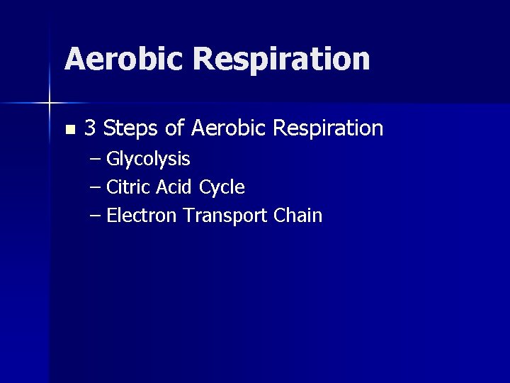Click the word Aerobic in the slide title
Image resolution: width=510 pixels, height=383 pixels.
point(124,59)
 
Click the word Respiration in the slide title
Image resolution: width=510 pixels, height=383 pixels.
point(281,59)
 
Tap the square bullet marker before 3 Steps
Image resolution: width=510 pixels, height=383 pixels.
point(69,130)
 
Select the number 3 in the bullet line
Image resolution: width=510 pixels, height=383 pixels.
point(90,128)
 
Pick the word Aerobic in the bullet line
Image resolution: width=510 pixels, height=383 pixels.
point(229,128)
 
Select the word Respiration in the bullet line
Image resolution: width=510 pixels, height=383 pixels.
point(328,129)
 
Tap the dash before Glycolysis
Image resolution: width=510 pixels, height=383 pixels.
point(96,159)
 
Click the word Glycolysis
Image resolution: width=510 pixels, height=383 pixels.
point(148,160)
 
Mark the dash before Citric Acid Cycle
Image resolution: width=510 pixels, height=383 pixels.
point(96,187)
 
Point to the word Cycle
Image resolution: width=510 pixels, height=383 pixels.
point(222,188)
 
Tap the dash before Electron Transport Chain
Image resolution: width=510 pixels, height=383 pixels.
point(96,216)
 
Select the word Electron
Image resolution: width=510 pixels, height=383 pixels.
point(142,216)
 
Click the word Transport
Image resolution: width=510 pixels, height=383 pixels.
point(225,216)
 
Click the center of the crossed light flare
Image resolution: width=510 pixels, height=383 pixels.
point(50,104)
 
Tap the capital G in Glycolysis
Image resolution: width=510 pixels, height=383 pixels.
point(112,159)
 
